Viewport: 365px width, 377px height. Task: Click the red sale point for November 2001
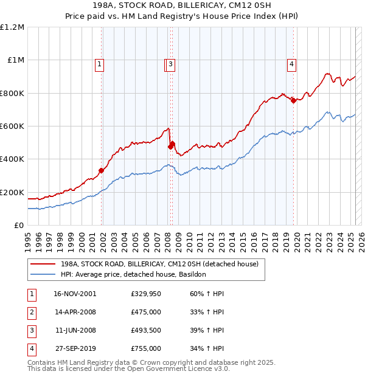click(102, 171)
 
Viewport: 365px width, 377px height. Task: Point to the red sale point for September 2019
click(293, 101)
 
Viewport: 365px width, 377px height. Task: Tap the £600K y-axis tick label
click(12, 126)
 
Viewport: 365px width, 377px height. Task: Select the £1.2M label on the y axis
click(12, 27)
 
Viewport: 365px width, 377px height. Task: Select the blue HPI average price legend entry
click(133, 275)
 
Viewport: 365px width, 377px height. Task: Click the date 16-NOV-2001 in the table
click(75, 294)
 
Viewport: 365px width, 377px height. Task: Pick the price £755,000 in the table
click(146, 348)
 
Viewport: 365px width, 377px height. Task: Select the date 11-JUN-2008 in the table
click(75, 330)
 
